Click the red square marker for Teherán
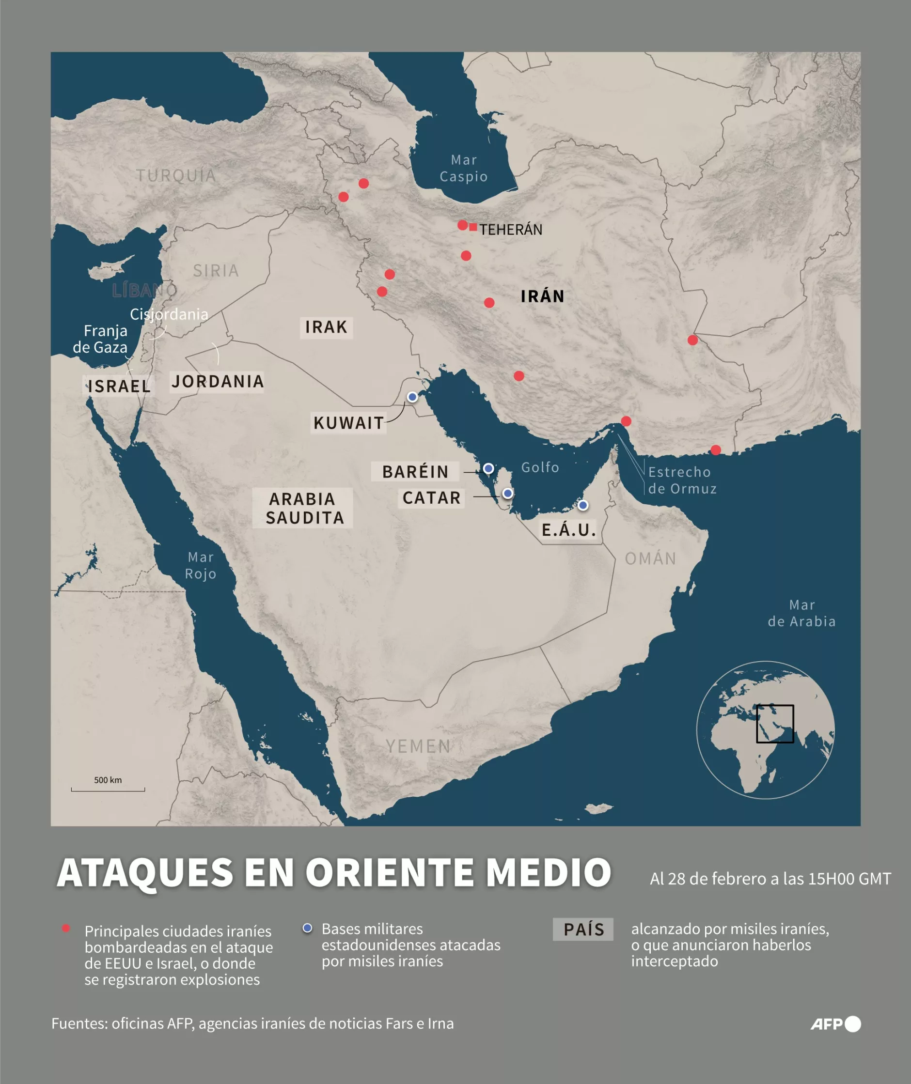(x=473, y=227)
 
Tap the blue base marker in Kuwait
(x=412, y=397)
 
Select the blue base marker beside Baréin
(x=488, y=469)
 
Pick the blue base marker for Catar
(x=508, y=494)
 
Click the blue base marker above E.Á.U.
(x=582, y=505)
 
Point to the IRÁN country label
(x=542, y=296)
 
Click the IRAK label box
(x=327, y=327)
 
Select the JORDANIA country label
(x=218, y=382)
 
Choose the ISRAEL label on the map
(x=119, y=386)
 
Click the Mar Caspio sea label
(x=463, y=168)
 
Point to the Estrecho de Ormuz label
(x=682, y=480)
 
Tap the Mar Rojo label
(x=201, y=565)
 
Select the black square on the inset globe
(x=775, y=724)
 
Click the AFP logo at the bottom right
(x=835, y=1024)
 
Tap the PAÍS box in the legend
(x=583, y=929)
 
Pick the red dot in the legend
(x=65, y=929)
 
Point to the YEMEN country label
(x=418, y=746)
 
